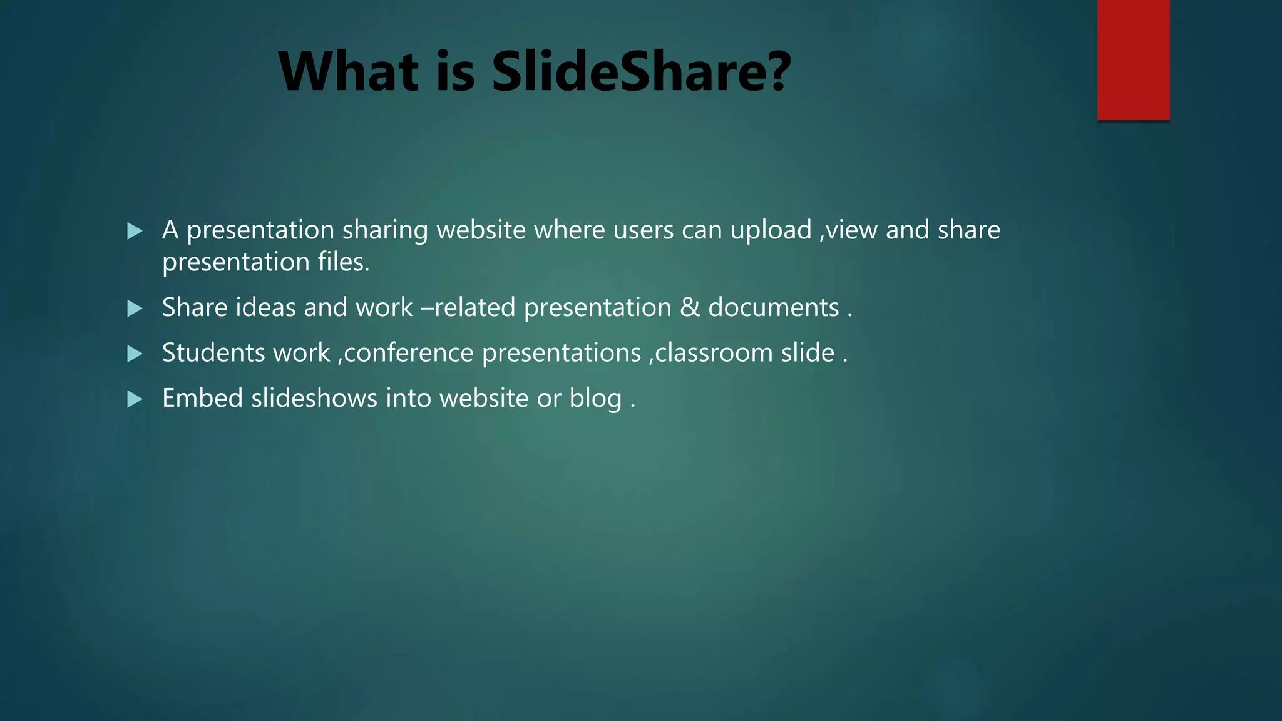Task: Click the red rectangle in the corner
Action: click(1133, 60)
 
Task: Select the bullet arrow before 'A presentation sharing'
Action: click(135, 231)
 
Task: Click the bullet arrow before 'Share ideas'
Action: click(135, 308)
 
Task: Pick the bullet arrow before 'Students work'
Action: click(135, 354)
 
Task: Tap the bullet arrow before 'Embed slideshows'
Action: click(135, 399)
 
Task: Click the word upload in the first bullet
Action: click(771, 231)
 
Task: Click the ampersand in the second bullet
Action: click(689, 307)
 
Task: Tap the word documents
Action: click(774, 307)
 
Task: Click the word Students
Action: click(213, 353)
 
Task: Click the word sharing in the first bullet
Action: click(385, 231)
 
